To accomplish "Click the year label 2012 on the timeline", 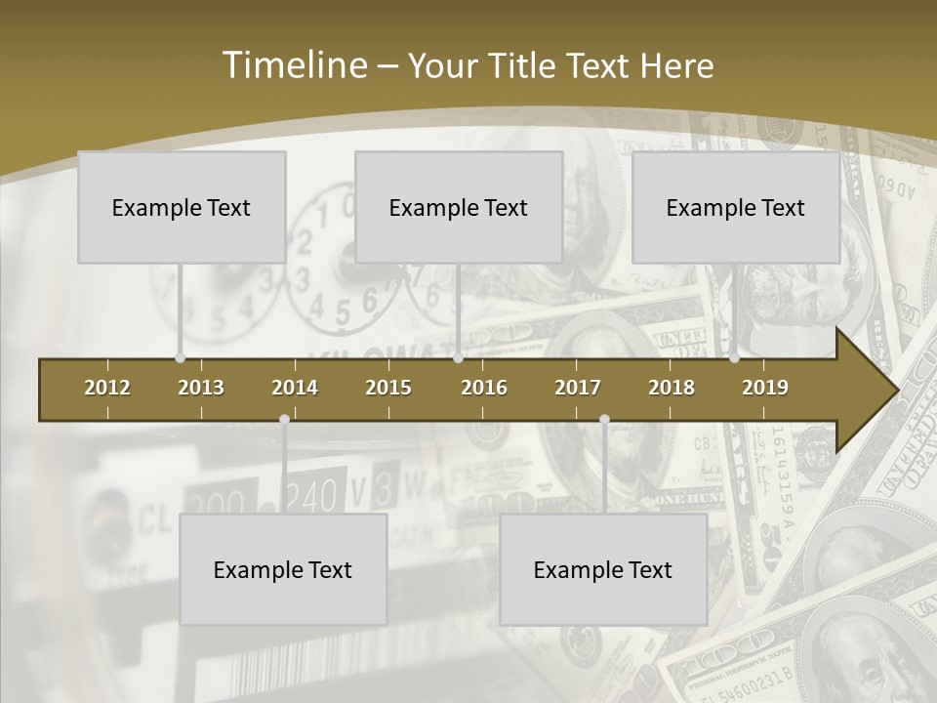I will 107,388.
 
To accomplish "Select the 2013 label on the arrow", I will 201,388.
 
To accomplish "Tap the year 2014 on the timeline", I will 295,388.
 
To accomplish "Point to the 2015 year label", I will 388,388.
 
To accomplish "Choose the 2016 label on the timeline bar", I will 484,388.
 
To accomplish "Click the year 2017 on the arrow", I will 578,388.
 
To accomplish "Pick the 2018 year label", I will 672,388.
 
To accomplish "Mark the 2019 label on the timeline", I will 765,388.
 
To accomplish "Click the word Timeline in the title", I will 293,65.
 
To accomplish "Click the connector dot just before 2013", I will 180,357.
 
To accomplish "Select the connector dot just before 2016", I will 458,357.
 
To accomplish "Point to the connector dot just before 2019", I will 734,357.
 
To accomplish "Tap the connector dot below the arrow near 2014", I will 284,420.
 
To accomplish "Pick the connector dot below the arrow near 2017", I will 604,420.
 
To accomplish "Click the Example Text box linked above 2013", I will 182,207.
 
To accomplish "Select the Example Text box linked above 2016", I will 459,207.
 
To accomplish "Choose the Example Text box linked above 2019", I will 736,207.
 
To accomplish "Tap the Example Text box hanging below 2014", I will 283,569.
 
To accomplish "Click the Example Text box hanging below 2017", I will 603,569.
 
